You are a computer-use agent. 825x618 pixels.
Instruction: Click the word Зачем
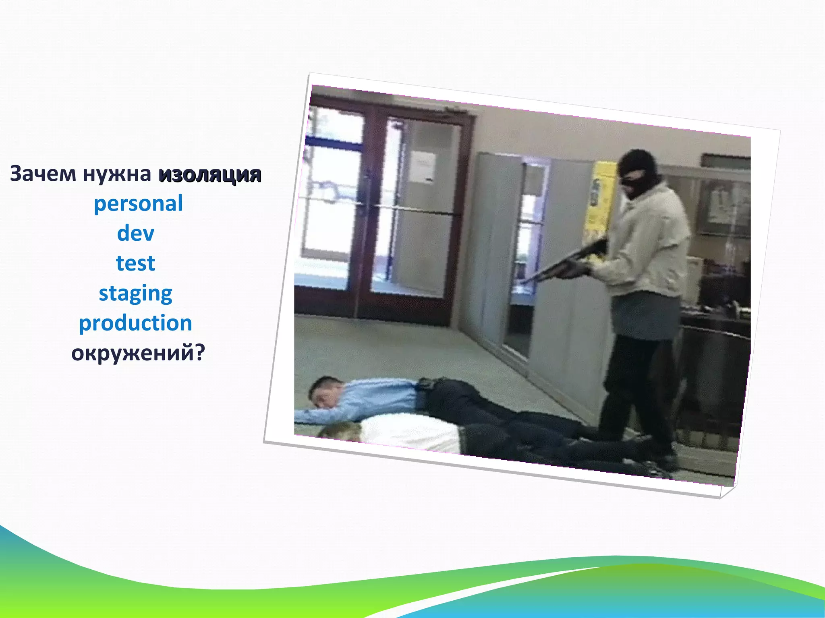43,174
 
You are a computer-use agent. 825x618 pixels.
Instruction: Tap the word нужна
117,174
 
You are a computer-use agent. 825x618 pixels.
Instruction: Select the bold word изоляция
210,175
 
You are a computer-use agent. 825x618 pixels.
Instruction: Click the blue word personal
138,204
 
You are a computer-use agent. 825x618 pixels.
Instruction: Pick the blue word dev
136,234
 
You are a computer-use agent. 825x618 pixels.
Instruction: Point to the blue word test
135,263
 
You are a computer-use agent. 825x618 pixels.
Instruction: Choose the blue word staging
135,293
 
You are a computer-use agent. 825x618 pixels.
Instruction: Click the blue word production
135,323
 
